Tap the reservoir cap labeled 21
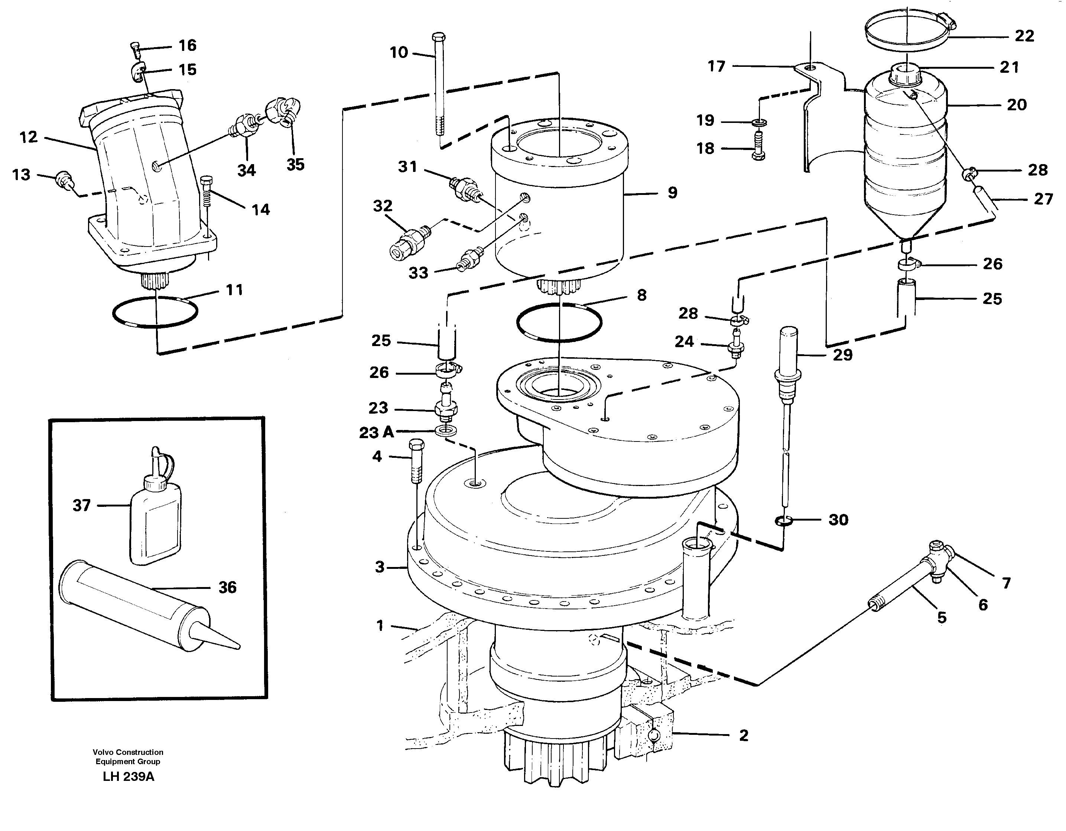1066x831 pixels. pos(906,76)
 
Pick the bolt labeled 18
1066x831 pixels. pos(758,149)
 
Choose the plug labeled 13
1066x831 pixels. pos(64,179)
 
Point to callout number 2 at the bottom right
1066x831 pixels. pos(743,735)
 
